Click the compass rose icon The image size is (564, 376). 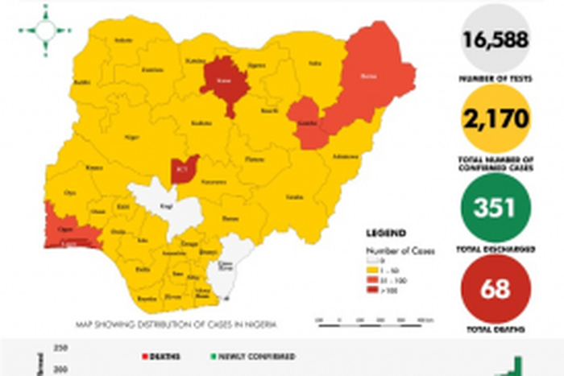coord(45,31)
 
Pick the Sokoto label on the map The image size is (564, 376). coord(123,40)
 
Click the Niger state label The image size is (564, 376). coord(131,138)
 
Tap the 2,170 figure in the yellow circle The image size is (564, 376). coord(495,119)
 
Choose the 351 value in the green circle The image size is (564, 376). coord(495,209)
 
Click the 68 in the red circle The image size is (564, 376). coord(495,288)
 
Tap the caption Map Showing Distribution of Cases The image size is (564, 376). coord(176,324)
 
